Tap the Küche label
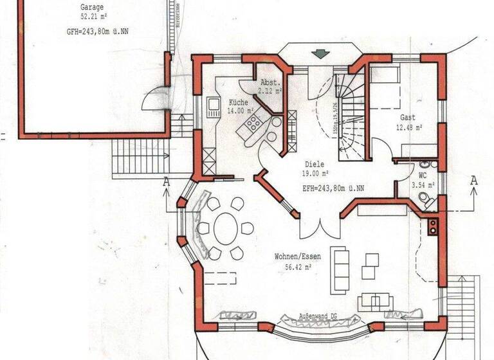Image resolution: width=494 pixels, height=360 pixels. point(237,102)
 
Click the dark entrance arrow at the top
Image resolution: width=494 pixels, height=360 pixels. point(318,53)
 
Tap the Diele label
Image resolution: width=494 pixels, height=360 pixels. point(315,165)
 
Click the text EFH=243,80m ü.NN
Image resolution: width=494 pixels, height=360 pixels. point(333,188)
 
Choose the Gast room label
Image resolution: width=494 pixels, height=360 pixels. point(408,118)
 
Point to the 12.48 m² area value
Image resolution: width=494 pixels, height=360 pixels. point(409,127)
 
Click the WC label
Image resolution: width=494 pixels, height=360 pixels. point(423,175)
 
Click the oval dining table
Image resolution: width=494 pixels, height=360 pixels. point(226,228)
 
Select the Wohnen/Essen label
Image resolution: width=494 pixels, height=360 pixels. point(298,256)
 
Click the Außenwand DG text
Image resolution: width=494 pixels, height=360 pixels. point(318,317)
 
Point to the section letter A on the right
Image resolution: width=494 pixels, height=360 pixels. point(474,181)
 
